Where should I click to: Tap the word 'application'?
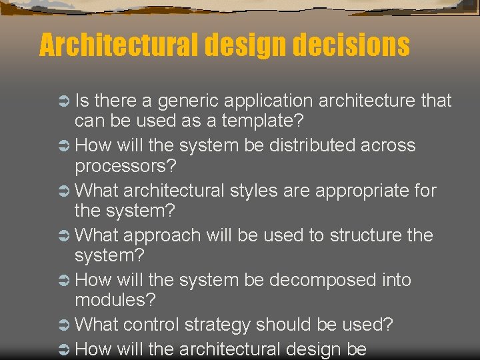pyautogui.click(x=268, y=101)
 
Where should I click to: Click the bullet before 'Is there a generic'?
pyautogui.click(x=65, y=101)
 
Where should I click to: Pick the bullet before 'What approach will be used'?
pyautogui.click(x=65, y=236)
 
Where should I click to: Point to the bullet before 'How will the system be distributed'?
pyautogui.click(x=65, y=146)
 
